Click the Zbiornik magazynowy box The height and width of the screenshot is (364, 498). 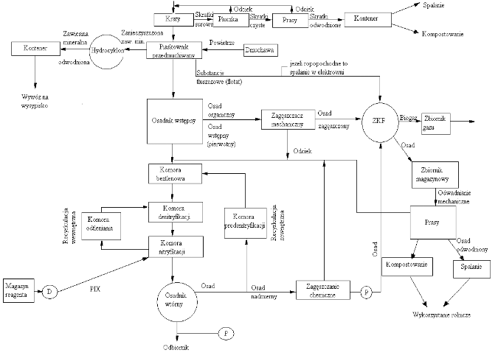click(x=435, y=175)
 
